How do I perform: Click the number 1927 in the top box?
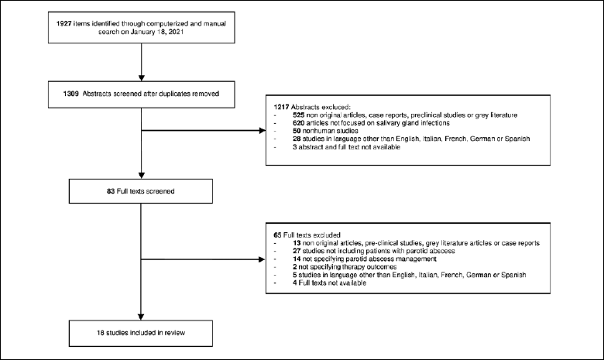click(x=64, y=23)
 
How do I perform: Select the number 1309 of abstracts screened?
click(x=71, y=94)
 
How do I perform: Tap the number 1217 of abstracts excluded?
click(x=281, y=107)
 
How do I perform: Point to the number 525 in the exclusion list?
click(x=299, y=115)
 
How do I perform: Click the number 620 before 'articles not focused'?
click(x=299, y=123)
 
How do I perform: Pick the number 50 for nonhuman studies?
click(x=297, y=131)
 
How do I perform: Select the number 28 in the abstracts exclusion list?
click(x=297, y=139)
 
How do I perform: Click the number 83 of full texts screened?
click(x=111, y=191)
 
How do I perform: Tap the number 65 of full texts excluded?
click(x=278, y=235)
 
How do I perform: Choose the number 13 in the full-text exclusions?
click(x=297, y=243)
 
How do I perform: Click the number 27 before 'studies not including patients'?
click(x=297, y=251)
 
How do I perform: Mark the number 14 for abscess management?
click(x=297, y=259)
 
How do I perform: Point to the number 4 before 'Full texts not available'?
click(x=295, y=283)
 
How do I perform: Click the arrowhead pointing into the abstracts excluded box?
click(x=263, y=131)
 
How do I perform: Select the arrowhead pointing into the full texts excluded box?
click(x=262, y=259)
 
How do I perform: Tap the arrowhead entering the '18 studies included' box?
click(x=141, y=317)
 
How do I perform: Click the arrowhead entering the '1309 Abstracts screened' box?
click(x=142, y=78)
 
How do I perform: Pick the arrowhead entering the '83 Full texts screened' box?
click(x=142, y=176)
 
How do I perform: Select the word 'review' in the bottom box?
click(x=175, y=333)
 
